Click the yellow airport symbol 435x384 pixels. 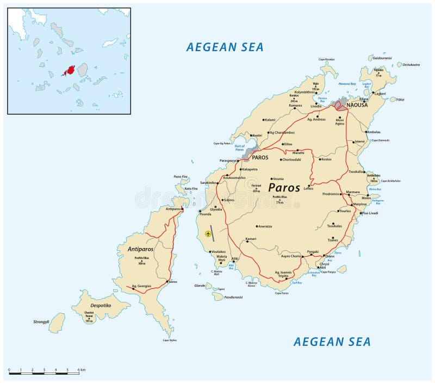pos(208,234)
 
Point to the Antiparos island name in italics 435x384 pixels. pos(141,249)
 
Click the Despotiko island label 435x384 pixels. pos(100,306)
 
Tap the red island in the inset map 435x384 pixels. pos(69,71)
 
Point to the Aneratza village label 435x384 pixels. pos(265,226)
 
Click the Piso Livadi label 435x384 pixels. pos(369,213)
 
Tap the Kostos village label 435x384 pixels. pos(326,159)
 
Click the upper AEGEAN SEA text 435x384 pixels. pos(225,47)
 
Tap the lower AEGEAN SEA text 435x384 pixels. pos(332,342)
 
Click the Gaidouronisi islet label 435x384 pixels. pos(382,58)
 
